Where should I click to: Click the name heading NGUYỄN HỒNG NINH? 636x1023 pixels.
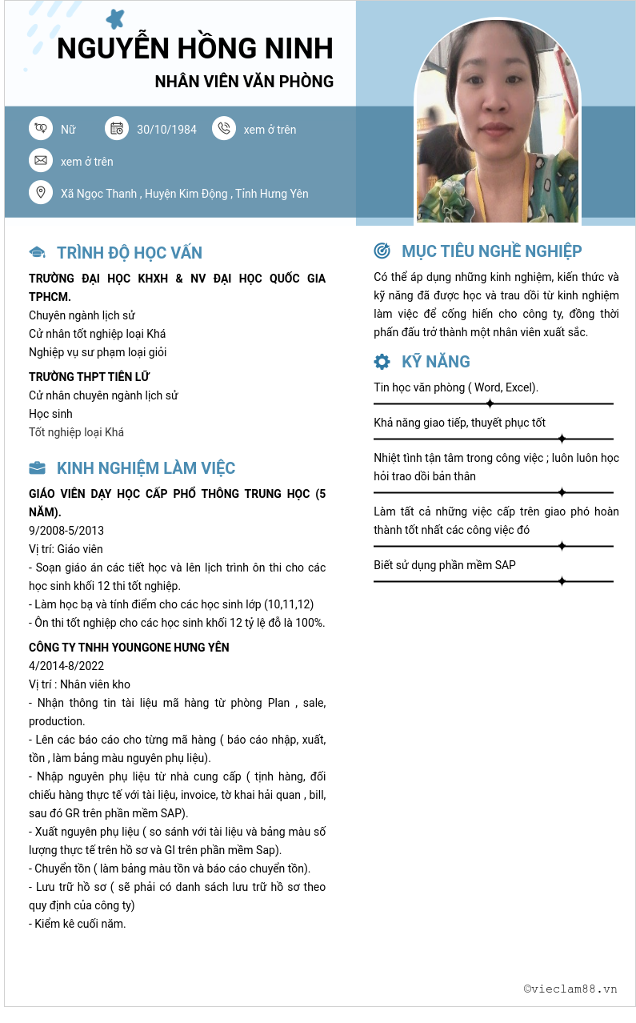point(195,48)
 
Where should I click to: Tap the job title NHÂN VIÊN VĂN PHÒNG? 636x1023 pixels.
point(244,82)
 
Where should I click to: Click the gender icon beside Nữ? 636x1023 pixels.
point(40,128)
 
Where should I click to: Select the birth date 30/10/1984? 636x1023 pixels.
point(166,130)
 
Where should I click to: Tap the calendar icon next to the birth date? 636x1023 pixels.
point(117,128)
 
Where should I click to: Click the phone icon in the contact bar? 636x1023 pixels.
point(224,128)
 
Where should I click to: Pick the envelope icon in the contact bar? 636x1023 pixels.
point(40,161)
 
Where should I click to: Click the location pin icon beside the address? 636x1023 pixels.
point(40,193)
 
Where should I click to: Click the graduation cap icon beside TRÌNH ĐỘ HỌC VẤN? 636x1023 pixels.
point(37,253)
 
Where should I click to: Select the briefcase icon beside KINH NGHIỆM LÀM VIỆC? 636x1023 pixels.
point(37,468)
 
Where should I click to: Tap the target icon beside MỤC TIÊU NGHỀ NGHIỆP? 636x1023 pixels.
point(382,251)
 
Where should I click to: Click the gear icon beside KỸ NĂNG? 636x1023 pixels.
point(382,361)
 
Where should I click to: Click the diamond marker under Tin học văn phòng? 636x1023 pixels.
point(490,403)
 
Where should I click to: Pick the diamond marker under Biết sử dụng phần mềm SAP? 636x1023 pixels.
point(562,581)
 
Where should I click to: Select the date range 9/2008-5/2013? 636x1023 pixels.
point(66,531)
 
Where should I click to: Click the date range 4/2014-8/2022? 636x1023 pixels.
point(66,666)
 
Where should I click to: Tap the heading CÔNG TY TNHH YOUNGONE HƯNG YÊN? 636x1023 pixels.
point(129,648)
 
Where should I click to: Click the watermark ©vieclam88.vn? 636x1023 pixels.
point(570,989)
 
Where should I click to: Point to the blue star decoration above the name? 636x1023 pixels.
point(116,18)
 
